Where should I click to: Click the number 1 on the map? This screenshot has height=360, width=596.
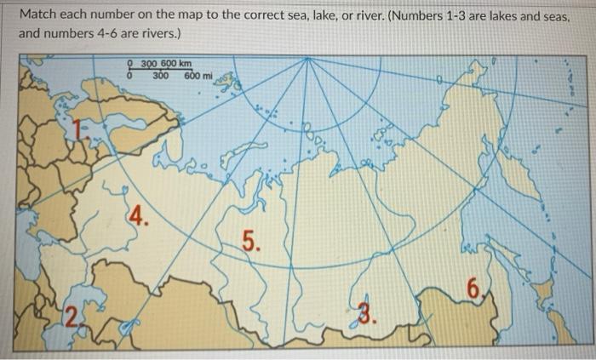tap(80, 129)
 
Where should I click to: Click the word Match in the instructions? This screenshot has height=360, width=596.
tap(38, 15)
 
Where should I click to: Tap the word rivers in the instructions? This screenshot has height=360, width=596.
tap(166, 35)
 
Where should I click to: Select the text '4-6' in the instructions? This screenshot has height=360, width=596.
tap(116, 35)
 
